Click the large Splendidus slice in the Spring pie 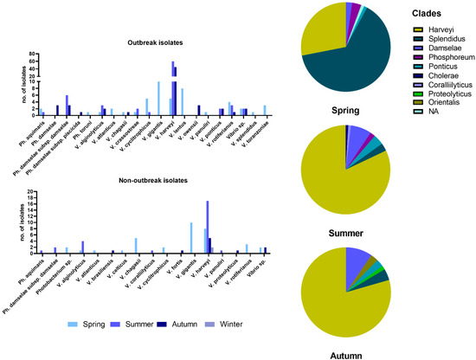pos(359,65)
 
